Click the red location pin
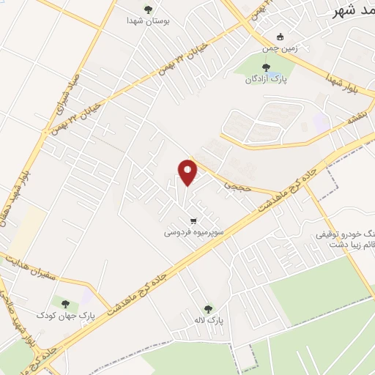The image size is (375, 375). click(187, 171)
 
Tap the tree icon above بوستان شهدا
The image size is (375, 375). click(149, 10)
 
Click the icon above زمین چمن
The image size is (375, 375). click(279, 37)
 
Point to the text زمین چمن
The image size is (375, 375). click(280, 49)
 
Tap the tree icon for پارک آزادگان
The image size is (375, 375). click(265, 68)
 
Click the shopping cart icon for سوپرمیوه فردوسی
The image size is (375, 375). click(193, 220)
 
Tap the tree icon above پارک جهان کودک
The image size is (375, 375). click(66, 302)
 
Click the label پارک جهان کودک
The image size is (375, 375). click(66, 316)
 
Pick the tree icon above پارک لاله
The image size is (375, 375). click(208, 308)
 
